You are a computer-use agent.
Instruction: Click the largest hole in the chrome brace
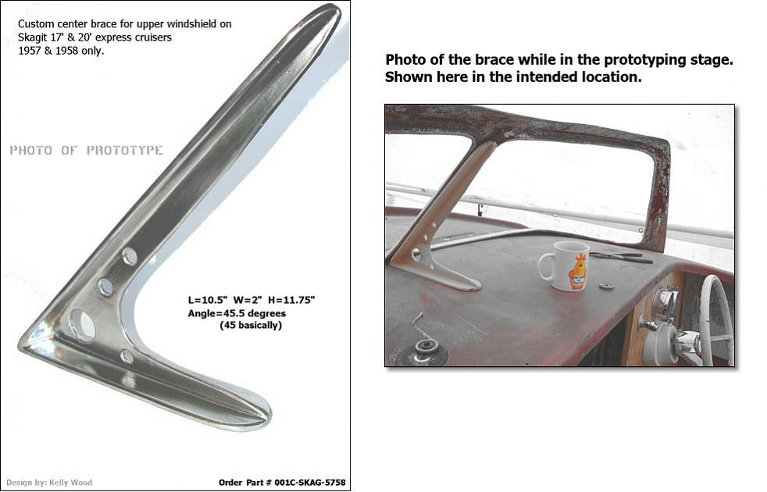82,325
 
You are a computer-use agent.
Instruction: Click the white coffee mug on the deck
564,266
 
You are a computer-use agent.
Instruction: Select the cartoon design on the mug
578,272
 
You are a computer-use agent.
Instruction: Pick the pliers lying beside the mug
621,257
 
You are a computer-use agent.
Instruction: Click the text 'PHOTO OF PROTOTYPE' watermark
86,150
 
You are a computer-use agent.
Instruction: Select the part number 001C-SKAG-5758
309,483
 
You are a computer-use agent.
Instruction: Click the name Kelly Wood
70,483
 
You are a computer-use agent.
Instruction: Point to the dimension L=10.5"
208,301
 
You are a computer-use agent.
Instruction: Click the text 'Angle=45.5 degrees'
237,313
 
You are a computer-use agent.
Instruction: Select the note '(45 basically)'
251,325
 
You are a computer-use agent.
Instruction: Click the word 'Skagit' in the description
30,37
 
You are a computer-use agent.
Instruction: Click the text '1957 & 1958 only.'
61,51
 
